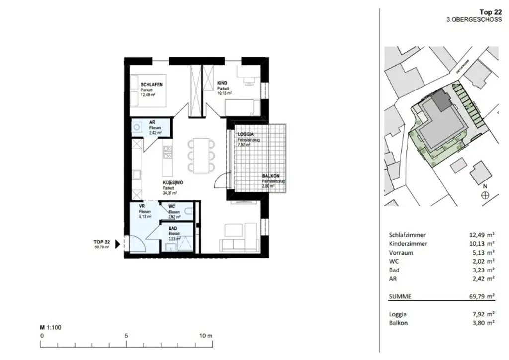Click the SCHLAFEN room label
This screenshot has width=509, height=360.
[x=151, y=85]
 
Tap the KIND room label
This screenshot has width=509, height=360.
[x=222, y=83]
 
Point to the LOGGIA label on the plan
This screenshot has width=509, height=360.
[x=246, y=134]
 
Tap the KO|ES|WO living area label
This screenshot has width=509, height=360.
[x=173, y=183]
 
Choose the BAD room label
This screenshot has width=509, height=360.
[x=172, y=229]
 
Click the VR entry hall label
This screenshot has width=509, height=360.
[x=142, y=206]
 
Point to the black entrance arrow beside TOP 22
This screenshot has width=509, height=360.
[x=118, y=244]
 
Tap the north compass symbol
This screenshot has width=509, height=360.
[x=485, y=195]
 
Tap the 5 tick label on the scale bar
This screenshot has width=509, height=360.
[x=126, y=336]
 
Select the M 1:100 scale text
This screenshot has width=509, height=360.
[x=50, y=328]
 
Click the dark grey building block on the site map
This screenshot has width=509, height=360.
[x=439, y=102]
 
